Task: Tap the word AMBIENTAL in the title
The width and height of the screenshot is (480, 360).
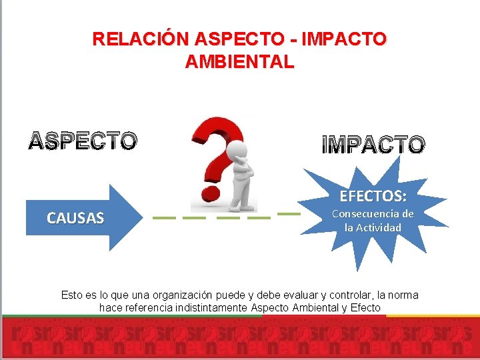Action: [239, 62]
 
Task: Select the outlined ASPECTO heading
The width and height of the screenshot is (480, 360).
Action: [83, 141]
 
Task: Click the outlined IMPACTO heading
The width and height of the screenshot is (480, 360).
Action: [373, 145]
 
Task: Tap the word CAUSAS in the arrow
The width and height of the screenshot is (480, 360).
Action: [75, 217]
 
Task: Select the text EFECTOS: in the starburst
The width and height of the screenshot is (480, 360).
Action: [373, 196]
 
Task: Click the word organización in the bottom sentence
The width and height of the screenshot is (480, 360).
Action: [185, 295]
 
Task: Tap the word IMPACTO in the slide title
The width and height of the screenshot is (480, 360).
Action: [343, 39]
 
